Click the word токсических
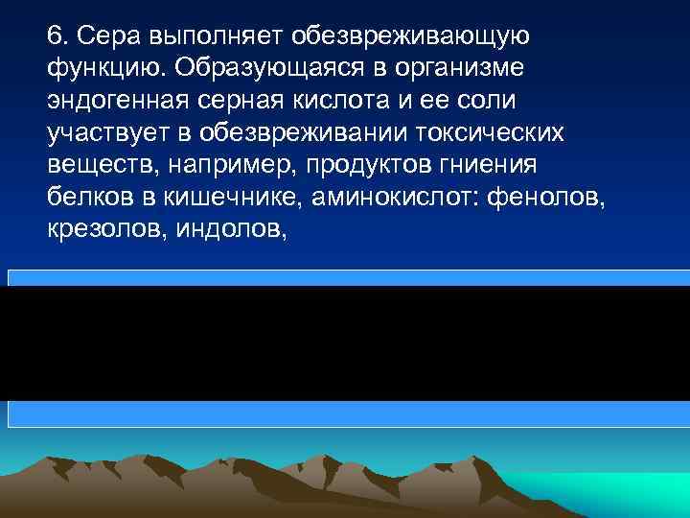[x=474, y=130]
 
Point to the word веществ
[x=97, y=162]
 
